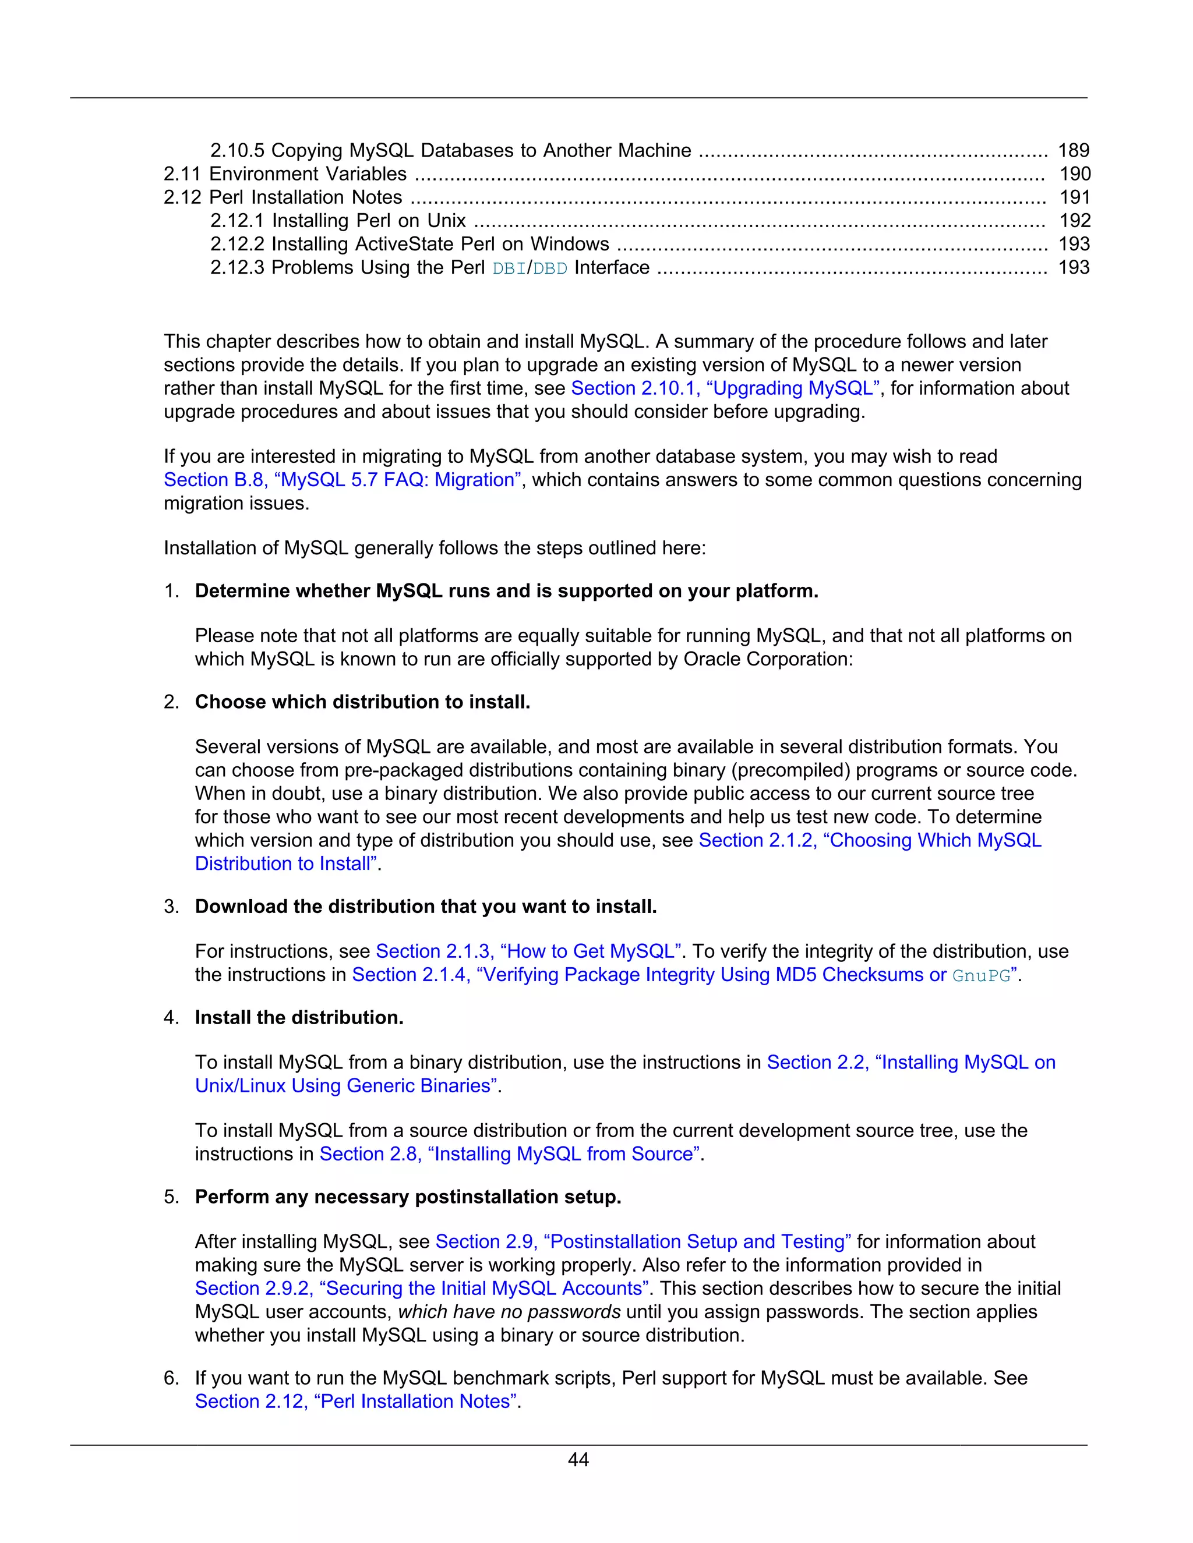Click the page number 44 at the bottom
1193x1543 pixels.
click(x=578, y=1460)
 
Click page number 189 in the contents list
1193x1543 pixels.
click(x=1074, y=150)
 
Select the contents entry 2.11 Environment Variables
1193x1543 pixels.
click(x=285, y=174)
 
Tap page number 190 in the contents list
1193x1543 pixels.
click(x=1074, y=174)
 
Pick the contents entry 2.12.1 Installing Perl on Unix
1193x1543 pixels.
click(x=338, y=221)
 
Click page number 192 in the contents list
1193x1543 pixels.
click(x=1074, y=221)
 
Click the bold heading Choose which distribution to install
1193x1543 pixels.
click(x=362, y=702)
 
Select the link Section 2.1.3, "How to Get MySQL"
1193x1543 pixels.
click(x=528, y=951)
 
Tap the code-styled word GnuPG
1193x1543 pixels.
click(x=981, y=976)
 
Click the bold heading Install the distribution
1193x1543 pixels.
click(x=299, y=1018)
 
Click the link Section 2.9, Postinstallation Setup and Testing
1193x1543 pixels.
click(x=643, y=1242)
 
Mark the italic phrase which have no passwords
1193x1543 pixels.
click(x=509, y=1312)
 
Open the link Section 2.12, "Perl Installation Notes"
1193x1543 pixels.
click(x=355, y=1402)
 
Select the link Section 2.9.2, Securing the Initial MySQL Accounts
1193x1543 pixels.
click(x=421, y=1289)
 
